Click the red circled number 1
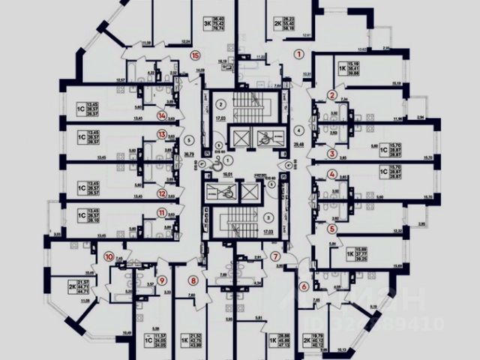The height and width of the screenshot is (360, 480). tap(298, 54)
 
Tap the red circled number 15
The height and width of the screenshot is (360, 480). tap(196, 55)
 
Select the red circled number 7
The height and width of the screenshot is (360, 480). tap(276, 256)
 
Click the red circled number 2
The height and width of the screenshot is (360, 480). tap(331, 94)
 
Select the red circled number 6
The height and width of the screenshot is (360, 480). tap(304, 286)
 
